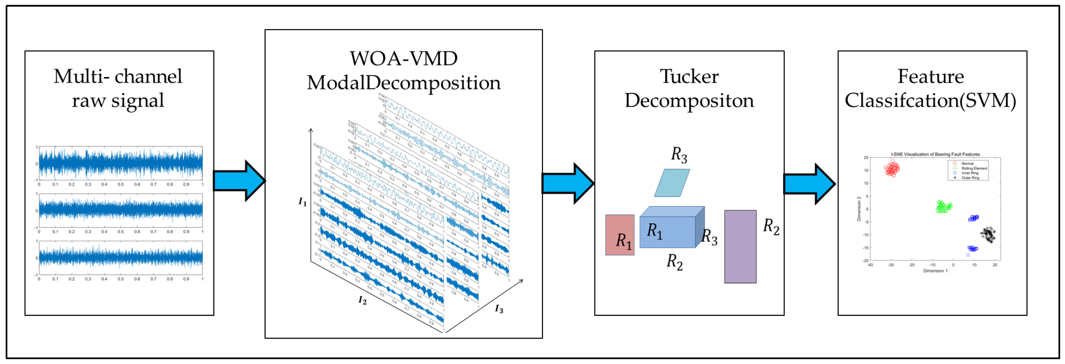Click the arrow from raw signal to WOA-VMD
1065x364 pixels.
239,181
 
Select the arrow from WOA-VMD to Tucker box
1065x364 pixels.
568,183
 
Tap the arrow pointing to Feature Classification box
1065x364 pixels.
809,184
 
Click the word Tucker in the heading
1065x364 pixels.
689,77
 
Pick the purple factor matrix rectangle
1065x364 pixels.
740,247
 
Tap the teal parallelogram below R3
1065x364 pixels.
672,183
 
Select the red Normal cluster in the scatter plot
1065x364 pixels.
892,168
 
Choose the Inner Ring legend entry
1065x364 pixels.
969,173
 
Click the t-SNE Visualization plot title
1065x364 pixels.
935,154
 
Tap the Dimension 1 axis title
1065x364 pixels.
935,271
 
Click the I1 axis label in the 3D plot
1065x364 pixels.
303,202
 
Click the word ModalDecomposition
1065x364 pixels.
404,83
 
